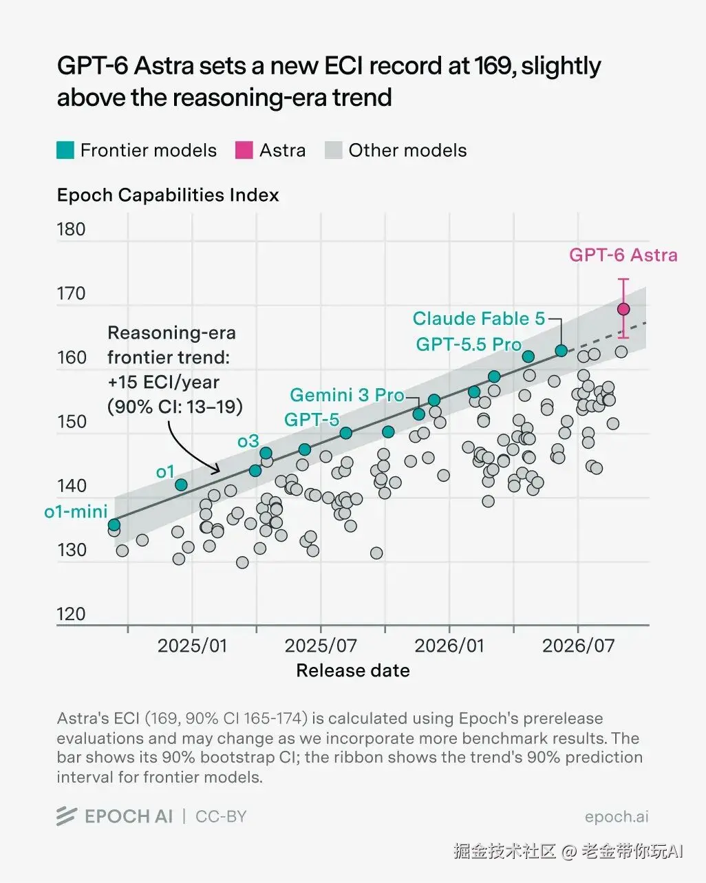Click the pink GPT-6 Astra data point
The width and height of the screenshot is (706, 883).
(x=623, y=309)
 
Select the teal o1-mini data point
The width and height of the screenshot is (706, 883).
(x=114, y=525)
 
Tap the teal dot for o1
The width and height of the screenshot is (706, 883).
(x=181, y=485)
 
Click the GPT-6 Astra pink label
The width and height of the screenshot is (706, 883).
(x=623, y=255)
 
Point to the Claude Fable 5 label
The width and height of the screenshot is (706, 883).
(x=479, y=319)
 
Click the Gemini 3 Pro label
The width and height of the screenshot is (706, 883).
(x=347, y=395)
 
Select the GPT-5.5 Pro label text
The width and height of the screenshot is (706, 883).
(x=469, y=344)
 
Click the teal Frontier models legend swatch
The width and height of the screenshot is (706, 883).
(x=65, y=150)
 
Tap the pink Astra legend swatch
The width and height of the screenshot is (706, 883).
(x=244, y=150)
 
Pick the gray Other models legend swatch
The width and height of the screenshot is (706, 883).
(x=334, y=150)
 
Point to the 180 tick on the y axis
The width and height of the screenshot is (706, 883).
(x=71, y=229)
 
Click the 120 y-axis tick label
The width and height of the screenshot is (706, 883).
(x=71, y=614)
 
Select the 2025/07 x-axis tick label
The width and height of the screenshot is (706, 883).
(x=321, y=646)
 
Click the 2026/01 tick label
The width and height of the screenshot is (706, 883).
(x=449, y=646)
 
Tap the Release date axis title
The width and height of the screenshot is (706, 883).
(x=353, y=670)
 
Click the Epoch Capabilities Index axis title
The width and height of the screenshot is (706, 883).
(x=168, y=195)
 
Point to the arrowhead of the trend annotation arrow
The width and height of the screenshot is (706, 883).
(x=218, y=471)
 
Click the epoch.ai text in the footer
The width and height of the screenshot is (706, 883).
(x=617, y=817)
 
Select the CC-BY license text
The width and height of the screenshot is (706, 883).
(x=221, y=816)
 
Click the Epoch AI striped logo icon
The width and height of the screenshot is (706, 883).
(x=67, y=816)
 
